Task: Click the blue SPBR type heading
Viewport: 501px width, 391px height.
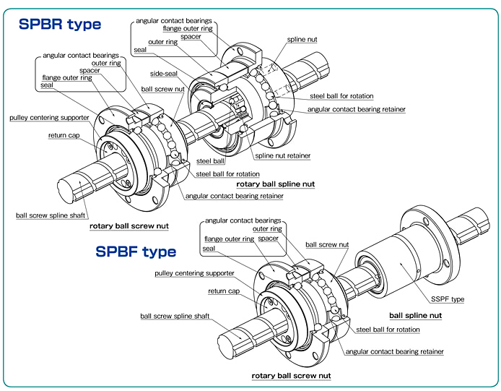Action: coord(59,25)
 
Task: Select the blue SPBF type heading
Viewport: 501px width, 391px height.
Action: coord(136,252)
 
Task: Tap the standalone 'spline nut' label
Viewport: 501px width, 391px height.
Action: coord(302,40)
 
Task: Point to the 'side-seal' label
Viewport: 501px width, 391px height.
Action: coord(165,74)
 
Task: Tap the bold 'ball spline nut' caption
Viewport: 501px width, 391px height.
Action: coord(415,316)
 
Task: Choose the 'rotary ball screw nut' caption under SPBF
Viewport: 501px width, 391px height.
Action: coord(291,376)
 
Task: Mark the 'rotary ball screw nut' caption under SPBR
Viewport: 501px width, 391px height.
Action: coord(129,226)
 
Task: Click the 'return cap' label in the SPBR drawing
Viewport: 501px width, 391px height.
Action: coord(64,135)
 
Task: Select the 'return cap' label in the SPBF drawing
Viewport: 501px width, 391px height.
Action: coord(223,291)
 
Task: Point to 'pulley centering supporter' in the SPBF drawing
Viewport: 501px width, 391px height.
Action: coord(194,273)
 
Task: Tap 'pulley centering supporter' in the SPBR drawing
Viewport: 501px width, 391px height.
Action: coord(49,117)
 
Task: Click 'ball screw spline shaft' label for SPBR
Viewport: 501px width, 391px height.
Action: coord(50,215)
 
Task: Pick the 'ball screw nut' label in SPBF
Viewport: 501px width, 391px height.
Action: coord(327,245)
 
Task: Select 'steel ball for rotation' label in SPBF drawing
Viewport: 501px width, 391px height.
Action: coord(388,330)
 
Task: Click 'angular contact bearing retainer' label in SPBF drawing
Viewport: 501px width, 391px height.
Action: coord(394,351)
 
